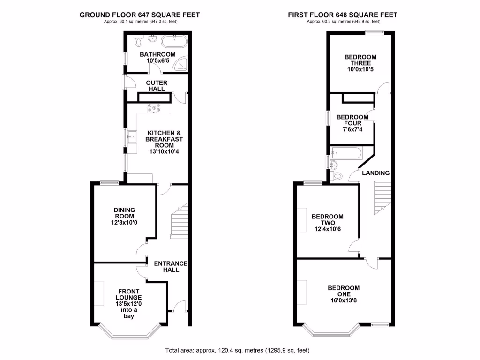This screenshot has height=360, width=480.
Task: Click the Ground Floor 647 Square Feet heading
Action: coord(140,15)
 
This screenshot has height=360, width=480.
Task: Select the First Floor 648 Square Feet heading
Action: coord(343,15)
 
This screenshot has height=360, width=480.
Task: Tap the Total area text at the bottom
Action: coord(238,350)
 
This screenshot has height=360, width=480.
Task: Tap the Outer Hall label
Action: coord(157,86)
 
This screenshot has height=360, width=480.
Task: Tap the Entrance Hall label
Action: coord(171,266)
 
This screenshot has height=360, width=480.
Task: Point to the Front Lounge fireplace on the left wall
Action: coord(99,293)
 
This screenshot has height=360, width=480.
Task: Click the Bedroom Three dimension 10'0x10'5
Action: coord(360,70)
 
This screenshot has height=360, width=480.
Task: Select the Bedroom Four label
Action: coord(352,120)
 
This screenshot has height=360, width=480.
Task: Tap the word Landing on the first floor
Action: coord(375,173)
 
